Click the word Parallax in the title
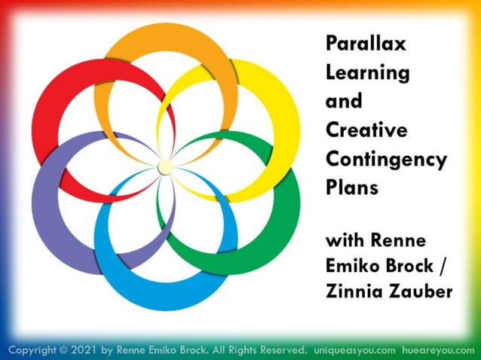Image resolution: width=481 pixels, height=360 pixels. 366,44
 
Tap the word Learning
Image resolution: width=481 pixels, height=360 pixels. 367,73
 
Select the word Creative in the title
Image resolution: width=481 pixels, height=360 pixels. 366,130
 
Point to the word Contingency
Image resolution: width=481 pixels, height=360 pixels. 386,159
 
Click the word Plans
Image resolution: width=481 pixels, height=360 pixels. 351,187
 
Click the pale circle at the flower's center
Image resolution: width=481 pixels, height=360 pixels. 164,166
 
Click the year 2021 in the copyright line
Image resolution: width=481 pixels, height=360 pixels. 87,350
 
